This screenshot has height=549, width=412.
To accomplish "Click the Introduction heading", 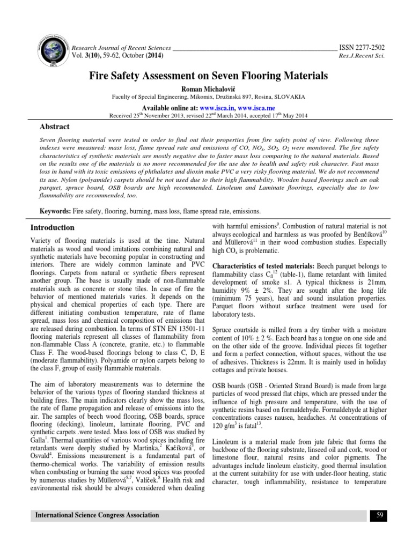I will click(x=52, y=227).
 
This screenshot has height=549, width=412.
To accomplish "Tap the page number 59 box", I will click(x=378, y=515).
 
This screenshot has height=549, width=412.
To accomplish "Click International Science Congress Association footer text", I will click(x=97, y=515).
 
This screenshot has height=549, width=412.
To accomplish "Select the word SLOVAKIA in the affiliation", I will click(x=290, y=97).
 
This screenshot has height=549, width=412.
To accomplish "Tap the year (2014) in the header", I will click(x=153, y=56).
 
